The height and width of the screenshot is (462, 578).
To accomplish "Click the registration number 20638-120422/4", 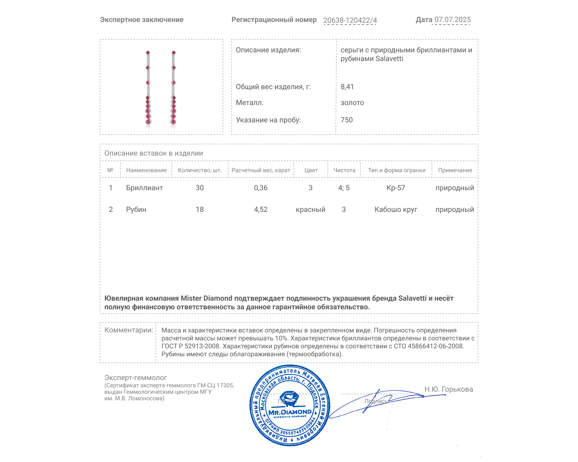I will [x=350, y=20].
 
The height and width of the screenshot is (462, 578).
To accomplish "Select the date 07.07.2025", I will [x=452, y=20].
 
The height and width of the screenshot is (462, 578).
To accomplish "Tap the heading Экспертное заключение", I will [x=142, y=20].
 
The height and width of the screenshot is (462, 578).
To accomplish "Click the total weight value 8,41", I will [x=347, y=87].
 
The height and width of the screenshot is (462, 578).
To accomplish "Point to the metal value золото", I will [x=352, y=103].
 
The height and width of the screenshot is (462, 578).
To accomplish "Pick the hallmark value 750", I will [x=346, y=120].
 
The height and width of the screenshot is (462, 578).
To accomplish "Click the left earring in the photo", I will [x=148, y=88].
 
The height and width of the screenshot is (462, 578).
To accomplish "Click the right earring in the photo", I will [x=173, y=88].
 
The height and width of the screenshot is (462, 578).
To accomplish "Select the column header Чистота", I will [x=344, y=170].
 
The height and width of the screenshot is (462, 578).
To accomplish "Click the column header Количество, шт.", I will [x=200, y=170].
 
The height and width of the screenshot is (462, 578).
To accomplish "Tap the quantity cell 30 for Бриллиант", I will [x=200, y=188].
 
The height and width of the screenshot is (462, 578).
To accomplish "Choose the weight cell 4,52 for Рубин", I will [x=261, y=209].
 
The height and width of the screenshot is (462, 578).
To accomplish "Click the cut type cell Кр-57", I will [x=396, y=188].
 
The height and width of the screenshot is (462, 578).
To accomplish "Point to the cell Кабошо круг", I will [x=396, y=209].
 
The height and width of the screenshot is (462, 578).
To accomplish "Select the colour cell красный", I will [x=311, y=209].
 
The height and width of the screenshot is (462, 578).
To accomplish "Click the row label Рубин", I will [x=136, y=209].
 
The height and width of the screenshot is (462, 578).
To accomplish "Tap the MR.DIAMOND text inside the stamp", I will [x=290, y=412].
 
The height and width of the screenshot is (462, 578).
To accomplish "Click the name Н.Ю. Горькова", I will [x=449, y=389].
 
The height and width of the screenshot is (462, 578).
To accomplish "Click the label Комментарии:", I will [x=129, y=330].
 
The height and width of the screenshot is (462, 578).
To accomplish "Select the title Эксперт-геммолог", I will [x=136, y=378].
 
